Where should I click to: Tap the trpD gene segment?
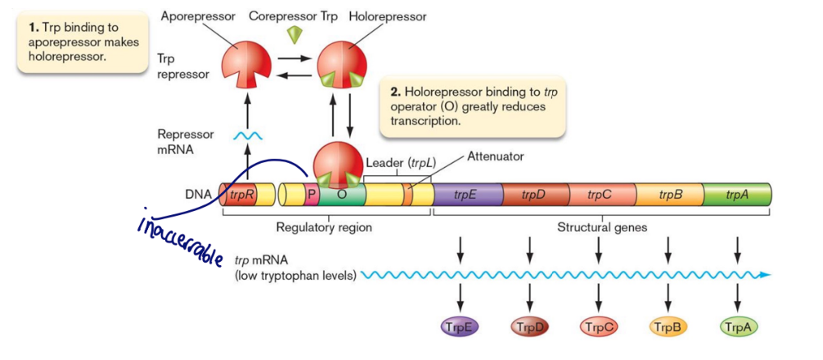pyautogui.click(x=533, y=195)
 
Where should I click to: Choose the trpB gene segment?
pyautogui.click(x=670, y=195)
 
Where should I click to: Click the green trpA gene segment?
pyautogui.click(x=737, y=195)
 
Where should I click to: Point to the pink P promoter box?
pyautogui.click(x=312, y=196)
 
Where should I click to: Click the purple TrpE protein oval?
pyautogui.click(x=459, y=326)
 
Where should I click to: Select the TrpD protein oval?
pyautogui.click(x=530, y=326)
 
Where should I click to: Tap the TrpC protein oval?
pyautogui.click(x=600, y=326)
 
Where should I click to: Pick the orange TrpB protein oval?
pyautogui.click(x=669, y=326)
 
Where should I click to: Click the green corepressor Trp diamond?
pyautogui.click(x=295, y=35)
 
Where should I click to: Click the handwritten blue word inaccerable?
pyautogui.click(x=181, y=236)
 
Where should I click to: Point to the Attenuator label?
pyautogui.click(x=495, y=155)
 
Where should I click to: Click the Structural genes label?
pyautogui.click(x=601, y=227)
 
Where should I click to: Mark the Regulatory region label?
pyautogui.click(x=325, y=227)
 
